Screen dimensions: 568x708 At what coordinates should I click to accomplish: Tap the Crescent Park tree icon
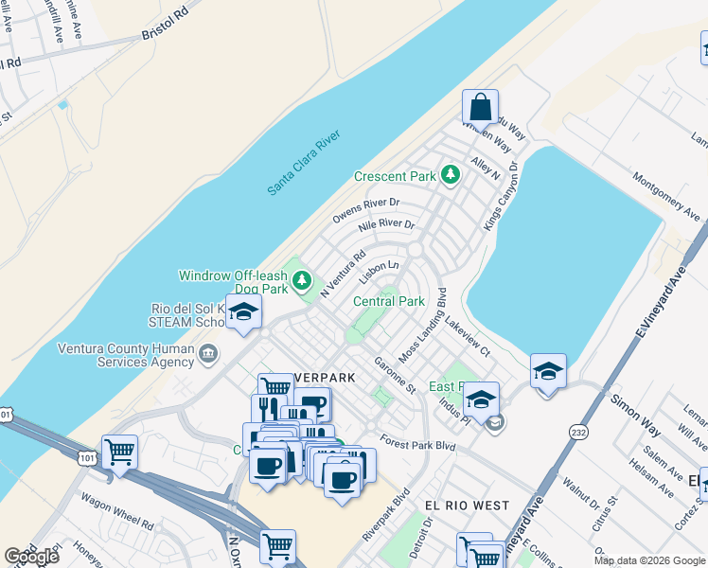click(x=451, y=175)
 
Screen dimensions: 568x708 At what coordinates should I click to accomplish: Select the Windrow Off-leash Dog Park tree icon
click(x=302, y=279)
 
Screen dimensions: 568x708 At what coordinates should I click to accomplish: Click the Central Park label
click(x=387, y=301)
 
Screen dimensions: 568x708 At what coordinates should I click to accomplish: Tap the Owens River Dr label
click(x=366, y=210)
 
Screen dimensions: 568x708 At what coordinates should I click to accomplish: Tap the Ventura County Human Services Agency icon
click(x=207, y=354)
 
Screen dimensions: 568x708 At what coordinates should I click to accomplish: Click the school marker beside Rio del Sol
click(x=244, y=313)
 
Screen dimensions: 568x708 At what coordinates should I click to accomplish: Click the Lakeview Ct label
click(x=467, y=336)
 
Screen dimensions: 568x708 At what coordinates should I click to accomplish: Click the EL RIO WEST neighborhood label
click(x=467, y=506)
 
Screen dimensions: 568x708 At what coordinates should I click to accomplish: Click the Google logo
click(x=31, y=557)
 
